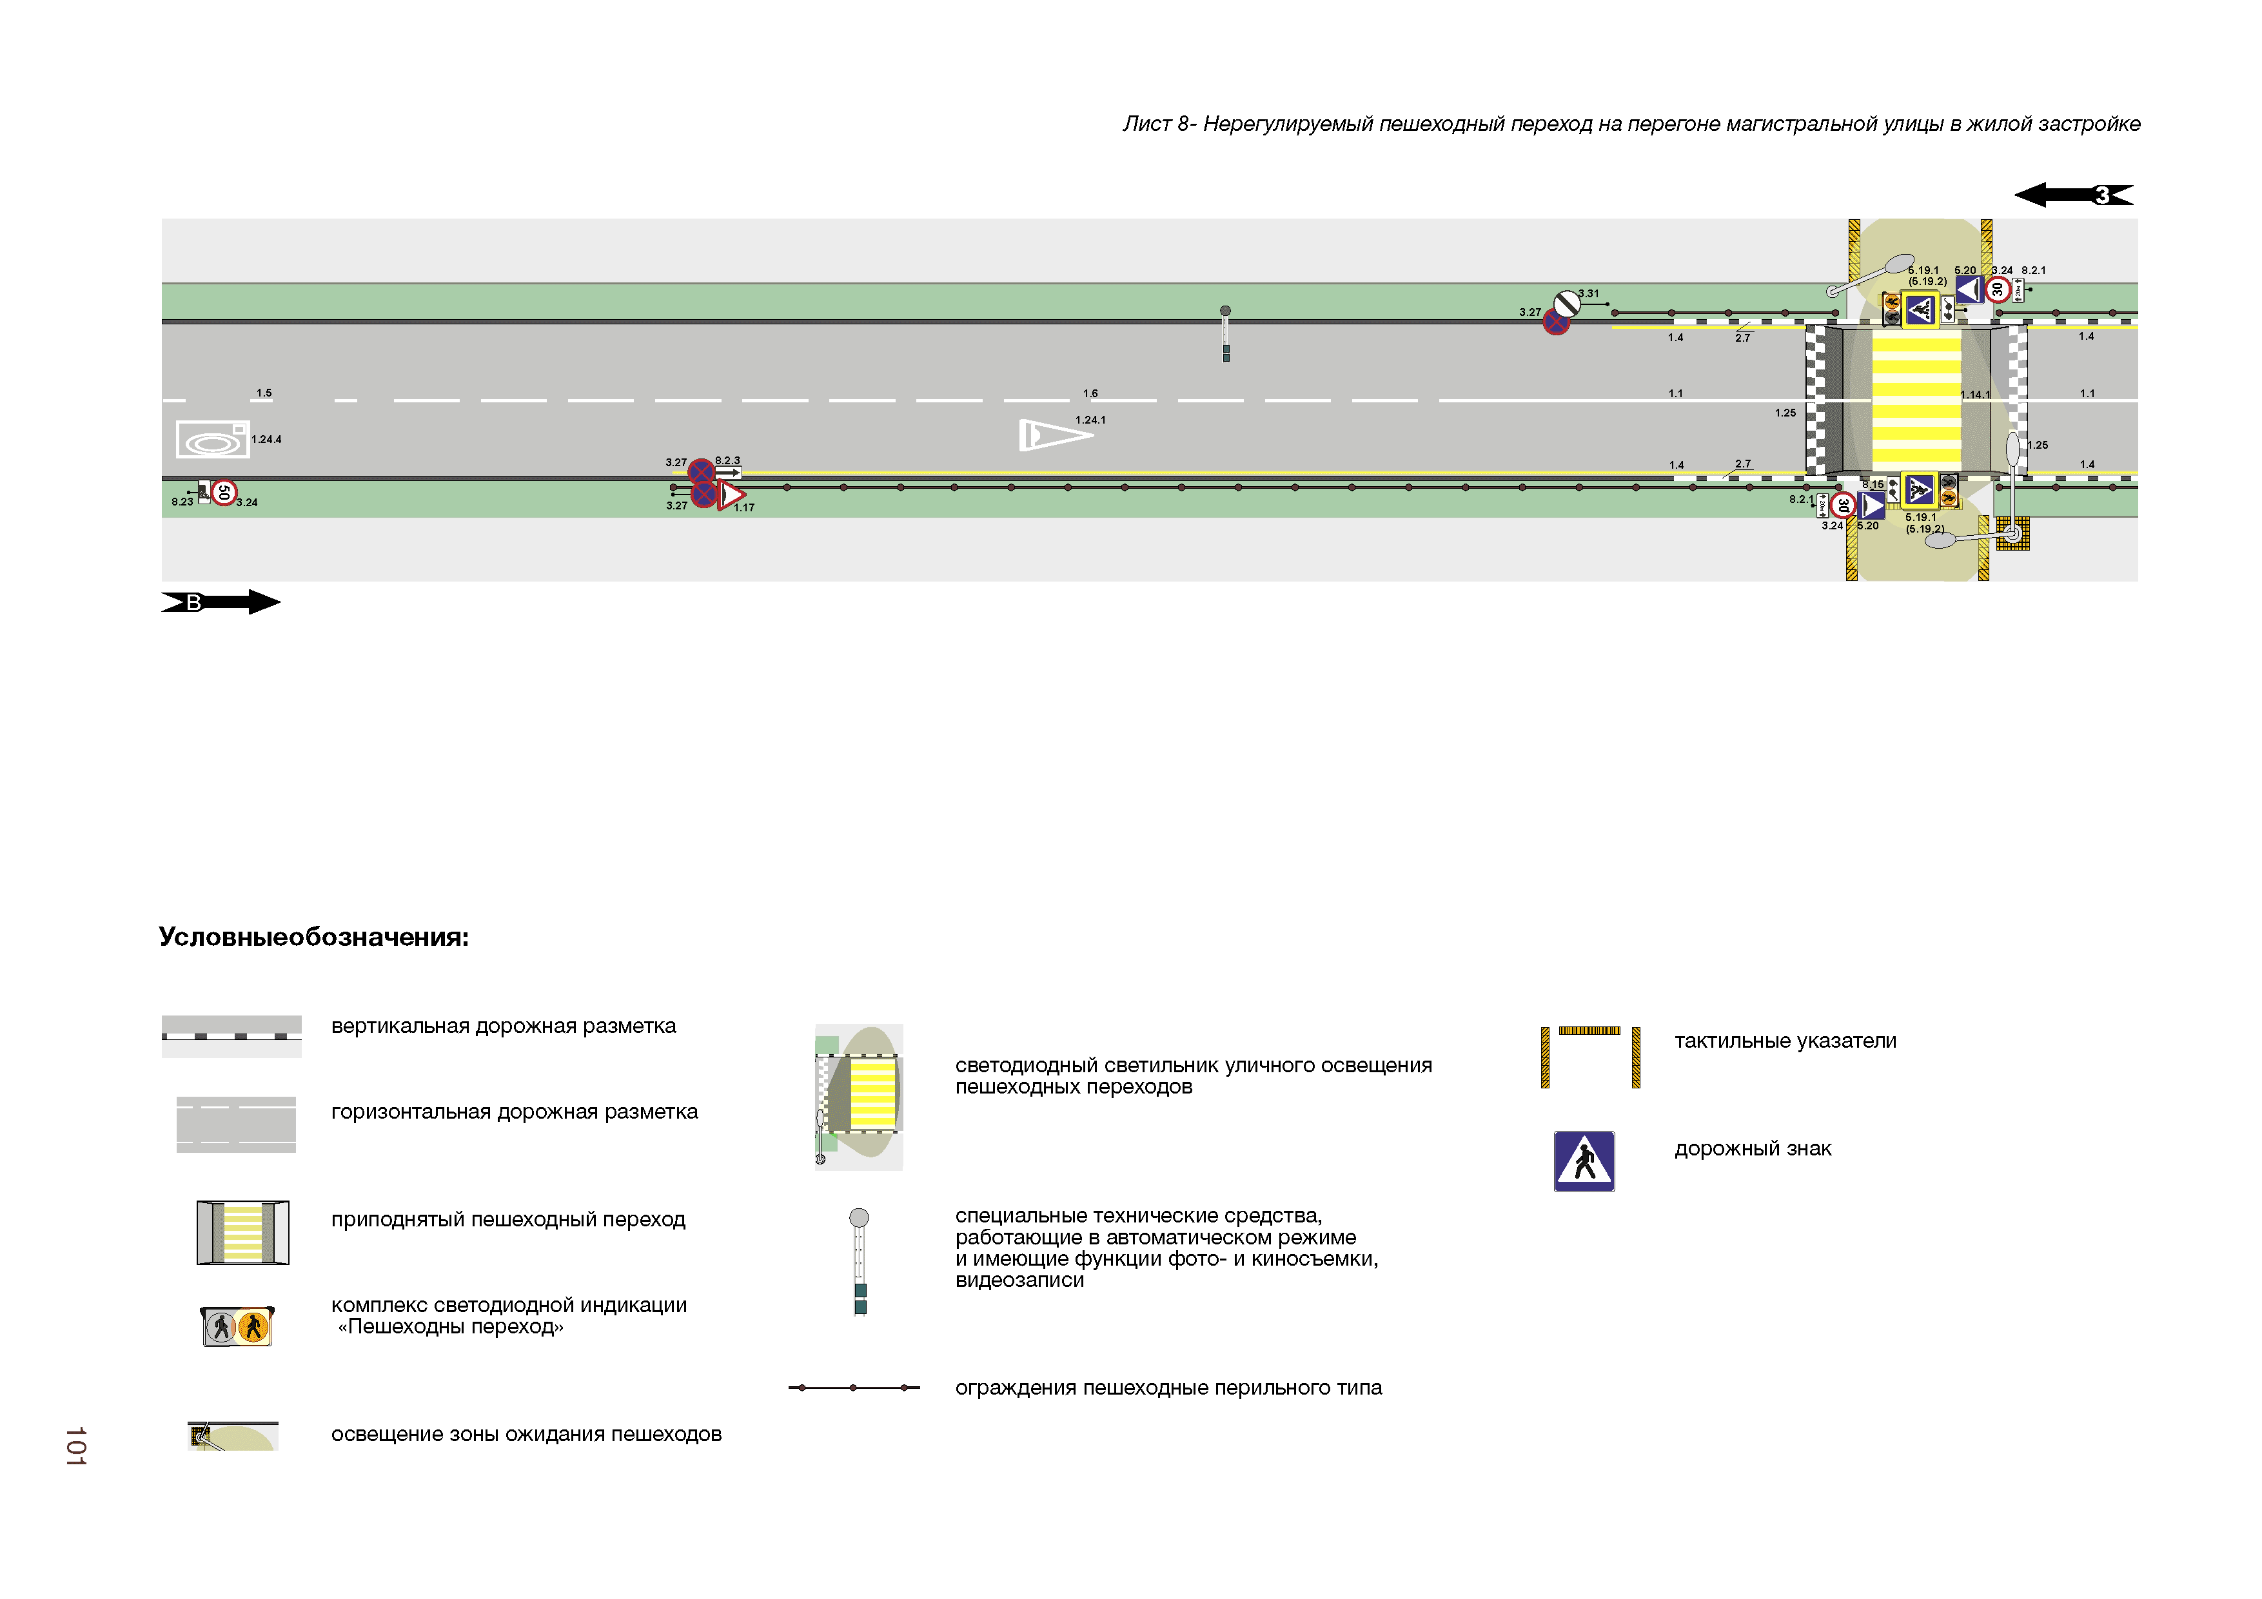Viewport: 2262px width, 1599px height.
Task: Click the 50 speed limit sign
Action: (224, 491)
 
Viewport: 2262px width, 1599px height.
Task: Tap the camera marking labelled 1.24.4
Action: (211, 440)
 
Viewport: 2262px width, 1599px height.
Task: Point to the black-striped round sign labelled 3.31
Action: (1566, 304)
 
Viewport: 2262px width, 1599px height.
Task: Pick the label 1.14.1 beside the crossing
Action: (1974, 395)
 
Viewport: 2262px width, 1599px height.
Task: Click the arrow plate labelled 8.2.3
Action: (728, 472)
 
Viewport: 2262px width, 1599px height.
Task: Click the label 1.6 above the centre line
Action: (1090, 393)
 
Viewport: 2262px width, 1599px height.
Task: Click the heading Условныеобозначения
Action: (313, 937)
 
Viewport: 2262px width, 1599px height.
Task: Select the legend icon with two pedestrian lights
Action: (237, 1326)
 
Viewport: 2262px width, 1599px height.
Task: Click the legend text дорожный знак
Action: (1753, 1149)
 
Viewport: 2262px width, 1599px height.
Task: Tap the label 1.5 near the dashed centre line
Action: (264, 393)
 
